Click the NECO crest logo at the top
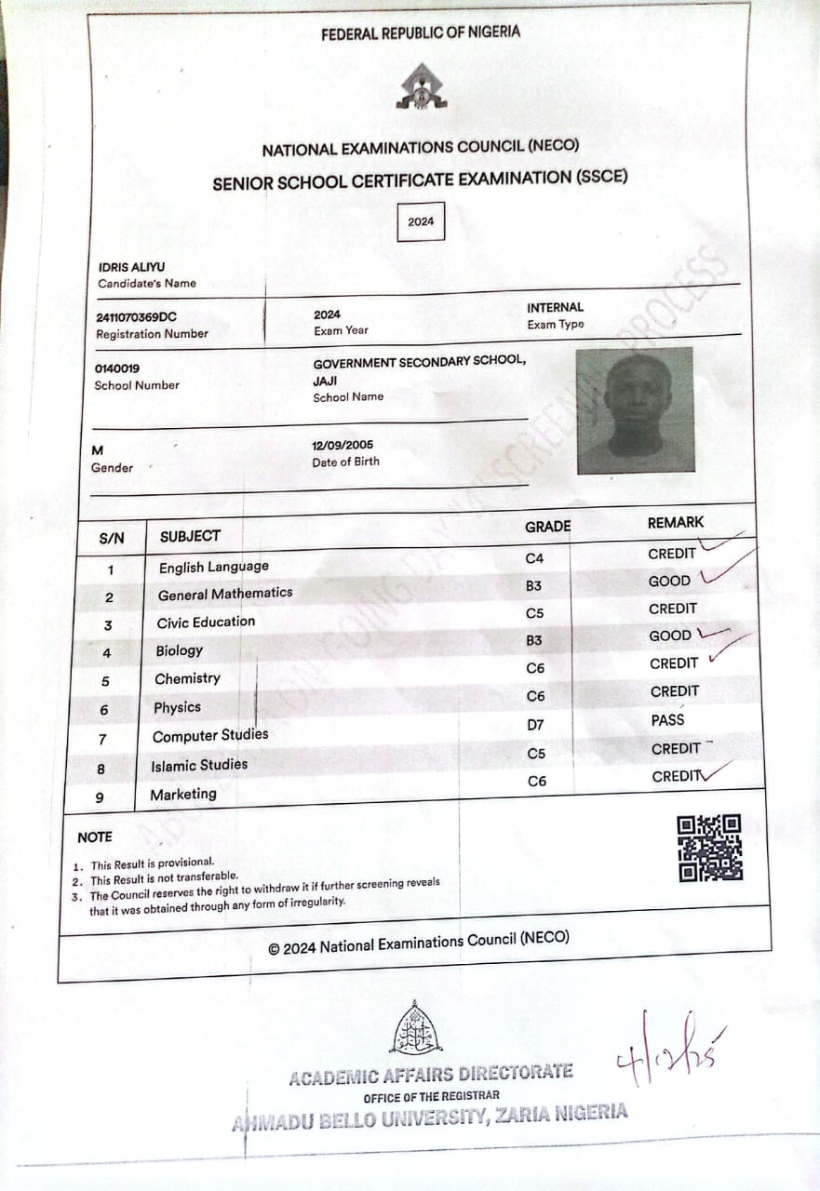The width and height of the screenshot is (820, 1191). (x=422, y=87)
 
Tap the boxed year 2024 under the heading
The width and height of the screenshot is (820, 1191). (x=421, y=221)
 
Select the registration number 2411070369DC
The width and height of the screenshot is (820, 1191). (x=136, y=316)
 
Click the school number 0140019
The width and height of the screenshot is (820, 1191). (x=117, y=368)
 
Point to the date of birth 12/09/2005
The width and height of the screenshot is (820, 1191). (x=343, y=445)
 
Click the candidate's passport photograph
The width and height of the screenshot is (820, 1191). (x=635, y=410)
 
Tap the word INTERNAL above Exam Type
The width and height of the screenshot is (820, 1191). (x=556, y=307)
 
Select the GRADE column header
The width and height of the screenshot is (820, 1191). (x=547, y=527)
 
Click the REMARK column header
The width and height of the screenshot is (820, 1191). (x=676, y=523)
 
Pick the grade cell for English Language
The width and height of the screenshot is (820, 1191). (x=534, y=558)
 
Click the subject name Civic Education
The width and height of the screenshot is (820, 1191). (x=206, y=622)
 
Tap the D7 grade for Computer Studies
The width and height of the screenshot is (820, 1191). (x=536, y=724)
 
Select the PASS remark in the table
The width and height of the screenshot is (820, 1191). (x=667, y=720)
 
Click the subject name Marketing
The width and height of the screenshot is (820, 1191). (x=183, y=794)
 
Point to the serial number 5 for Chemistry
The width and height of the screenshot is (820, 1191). (x=105, y=681)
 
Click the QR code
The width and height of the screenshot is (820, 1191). (x=709, y=848)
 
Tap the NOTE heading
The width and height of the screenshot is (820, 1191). (x=95, y=837)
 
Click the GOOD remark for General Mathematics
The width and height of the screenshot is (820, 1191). (x=669, y=581)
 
